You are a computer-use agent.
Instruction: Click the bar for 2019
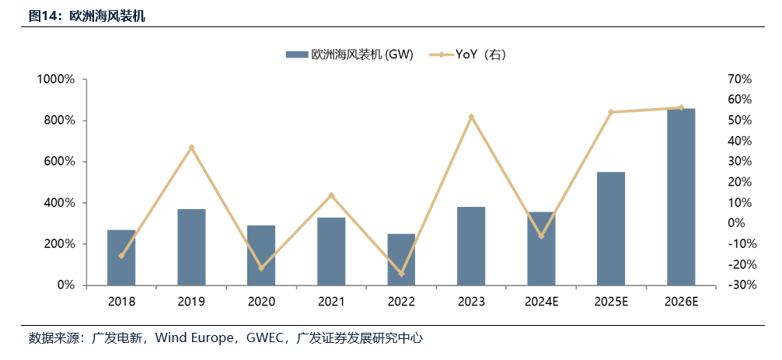click(x=191, y=246)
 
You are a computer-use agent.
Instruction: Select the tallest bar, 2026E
click(x=681, y=197)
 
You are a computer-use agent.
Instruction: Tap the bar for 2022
click(x=401, y=259)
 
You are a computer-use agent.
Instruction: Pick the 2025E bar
click(x=611, y=229)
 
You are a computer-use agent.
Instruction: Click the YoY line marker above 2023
click(x=471, y=117)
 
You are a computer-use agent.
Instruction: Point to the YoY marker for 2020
click(x=261, y=267)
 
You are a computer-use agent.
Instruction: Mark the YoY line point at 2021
click(x=331, y=195)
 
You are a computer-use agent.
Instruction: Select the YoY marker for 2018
click(x=121, y=256)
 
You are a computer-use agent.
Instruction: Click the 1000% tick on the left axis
click(x=54, y=79)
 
